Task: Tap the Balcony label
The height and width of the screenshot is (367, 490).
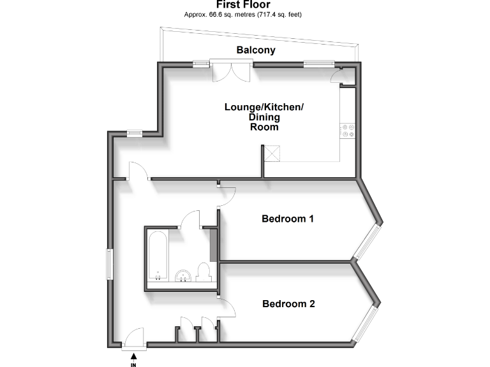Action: tap(256, 50)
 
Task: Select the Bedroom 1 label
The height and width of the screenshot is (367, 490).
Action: tap(288, 219)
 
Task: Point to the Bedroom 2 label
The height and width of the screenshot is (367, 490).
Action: tap(288, 304)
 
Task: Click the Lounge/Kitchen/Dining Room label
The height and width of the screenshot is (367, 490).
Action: tap(264, 117)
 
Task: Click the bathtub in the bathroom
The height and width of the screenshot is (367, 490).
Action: tap(158, 257)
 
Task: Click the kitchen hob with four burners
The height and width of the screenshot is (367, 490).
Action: tap(349, 130)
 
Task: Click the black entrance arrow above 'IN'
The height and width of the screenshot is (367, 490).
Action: tap(133, 356)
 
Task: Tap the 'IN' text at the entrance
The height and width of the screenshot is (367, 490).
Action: tap(133, 364)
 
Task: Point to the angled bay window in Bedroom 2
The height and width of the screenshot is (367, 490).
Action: tap(367, 324)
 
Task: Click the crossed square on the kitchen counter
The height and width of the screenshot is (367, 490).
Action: tap(274, 154)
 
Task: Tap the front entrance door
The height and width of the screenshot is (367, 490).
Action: tap(135, 338)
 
